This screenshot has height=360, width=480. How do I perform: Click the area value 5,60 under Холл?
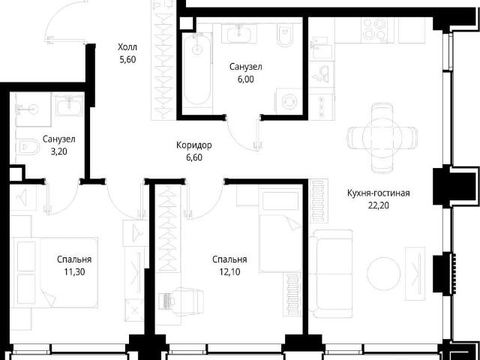(127, 59)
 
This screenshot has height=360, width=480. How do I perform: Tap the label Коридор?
(194, 145)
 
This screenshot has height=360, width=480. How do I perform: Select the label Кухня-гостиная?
(378, 193)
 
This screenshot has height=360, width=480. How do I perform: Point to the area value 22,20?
(379, 205)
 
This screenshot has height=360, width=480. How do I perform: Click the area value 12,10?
(230, 271)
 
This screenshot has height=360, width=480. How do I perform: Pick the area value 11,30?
(74, 271)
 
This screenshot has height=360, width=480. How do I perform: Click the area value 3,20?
(58, 151)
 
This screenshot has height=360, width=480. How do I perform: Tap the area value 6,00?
(246, 79)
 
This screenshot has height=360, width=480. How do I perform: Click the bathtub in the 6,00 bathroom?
(198, 70)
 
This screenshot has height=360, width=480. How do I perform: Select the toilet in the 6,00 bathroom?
(285, 34)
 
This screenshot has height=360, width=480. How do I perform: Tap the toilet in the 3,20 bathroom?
(28, 148)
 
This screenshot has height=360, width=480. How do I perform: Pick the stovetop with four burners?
(374, 30)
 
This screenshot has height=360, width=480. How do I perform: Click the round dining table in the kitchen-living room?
(382, 137)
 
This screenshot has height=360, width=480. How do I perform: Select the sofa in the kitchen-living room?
(331, 274)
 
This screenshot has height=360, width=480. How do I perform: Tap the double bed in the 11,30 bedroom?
(57, 272)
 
